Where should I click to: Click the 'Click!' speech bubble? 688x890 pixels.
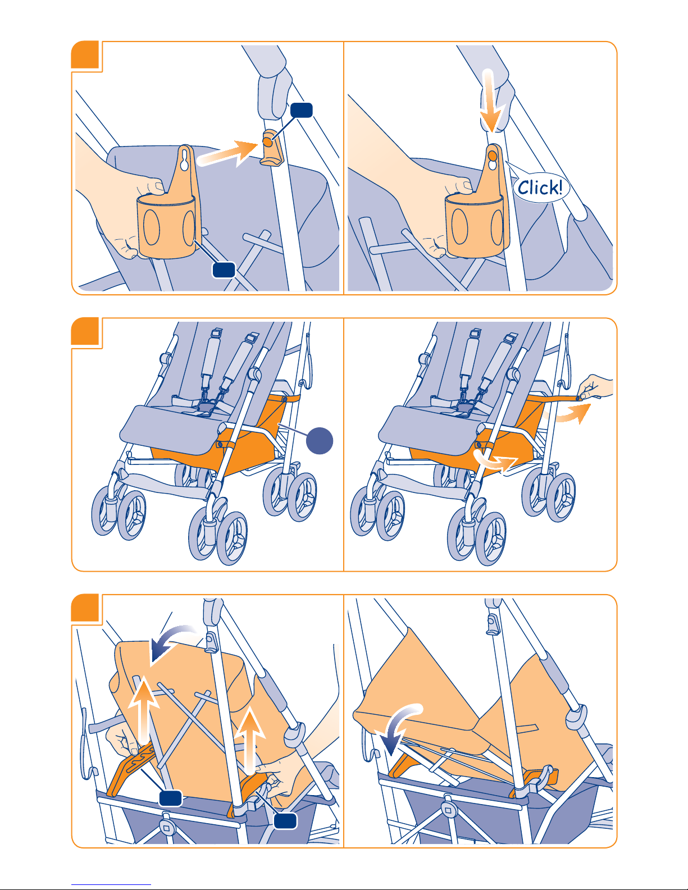tap(540, 188)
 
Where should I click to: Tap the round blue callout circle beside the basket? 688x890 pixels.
tap(320, 441)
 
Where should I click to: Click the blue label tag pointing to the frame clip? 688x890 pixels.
tap(302, 110)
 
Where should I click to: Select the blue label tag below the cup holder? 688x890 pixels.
tap(224, 270)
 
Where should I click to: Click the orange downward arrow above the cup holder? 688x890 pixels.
tap(491, 101)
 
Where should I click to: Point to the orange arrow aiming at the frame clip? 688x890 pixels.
tap(227, 154)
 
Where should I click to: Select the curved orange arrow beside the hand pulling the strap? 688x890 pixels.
tap(569, 414)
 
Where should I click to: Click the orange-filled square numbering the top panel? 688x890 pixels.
tap(85, 54)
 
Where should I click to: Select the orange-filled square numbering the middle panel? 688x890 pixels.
tap(85, 331)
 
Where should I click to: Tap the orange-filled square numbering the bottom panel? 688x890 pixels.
tap(85, 608)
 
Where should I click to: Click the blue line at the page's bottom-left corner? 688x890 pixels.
tap(111, 885)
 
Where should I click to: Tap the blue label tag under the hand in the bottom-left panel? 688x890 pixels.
tap(285, 821)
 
